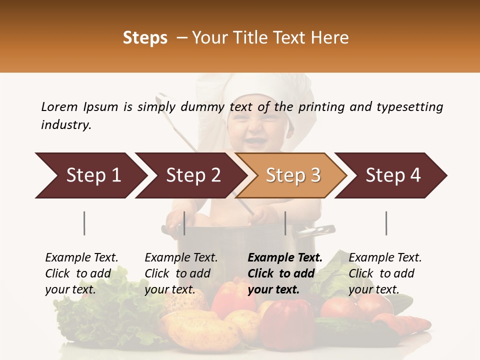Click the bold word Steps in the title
click(145, 38)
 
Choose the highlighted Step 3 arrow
click(293, 175)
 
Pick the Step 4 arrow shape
click(393, 175)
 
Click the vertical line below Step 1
click(84, 223)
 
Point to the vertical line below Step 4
click(386, 223)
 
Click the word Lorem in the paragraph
click(59, 106)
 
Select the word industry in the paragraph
click(66, 125)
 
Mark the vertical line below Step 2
click(184, 223)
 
